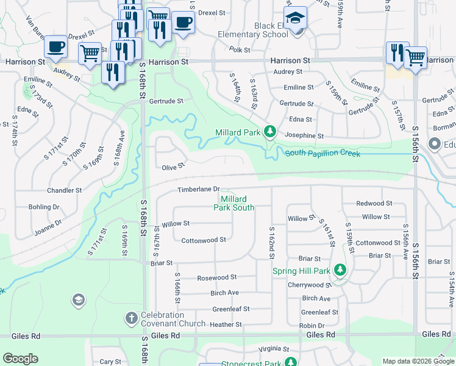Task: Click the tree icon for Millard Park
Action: pyautogui.click(x=269, y=132)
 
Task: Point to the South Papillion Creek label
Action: pyautogui.click(x=322, y=153)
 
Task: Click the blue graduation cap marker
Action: pyautogui.click(x=296, y=20)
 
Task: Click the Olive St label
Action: pyautogui.click(x=173, y=167)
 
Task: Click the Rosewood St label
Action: pyautogui.click(x=216, y=278)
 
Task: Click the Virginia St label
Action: pyautogui.click(x=273, y=349)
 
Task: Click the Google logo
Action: pyautogui.click(x=20, y=359)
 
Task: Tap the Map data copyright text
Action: pyautogui.click(x=418, y=361)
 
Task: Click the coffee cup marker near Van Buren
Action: pyautogui.click(x=56, y=47)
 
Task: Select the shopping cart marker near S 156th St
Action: pyautogui.click(x=415, y=59)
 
